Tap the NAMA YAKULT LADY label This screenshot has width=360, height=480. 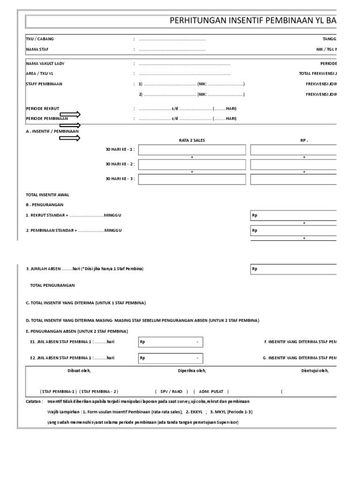coord(45,63)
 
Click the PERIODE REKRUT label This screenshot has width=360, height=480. coord(43,108)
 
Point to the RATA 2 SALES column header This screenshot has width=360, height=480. coord(192,140)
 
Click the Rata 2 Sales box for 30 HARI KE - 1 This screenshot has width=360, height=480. coord(192,150)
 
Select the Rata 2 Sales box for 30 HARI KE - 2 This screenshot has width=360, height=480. coord(192,165)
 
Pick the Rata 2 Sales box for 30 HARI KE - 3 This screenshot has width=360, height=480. coord(192,180)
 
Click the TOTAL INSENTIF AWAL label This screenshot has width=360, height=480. coord(47,195)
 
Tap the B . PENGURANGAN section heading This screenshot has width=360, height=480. coord(45,205)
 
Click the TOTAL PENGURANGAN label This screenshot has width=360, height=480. coord(52,285)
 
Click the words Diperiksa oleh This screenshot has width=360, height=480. coord(192,371)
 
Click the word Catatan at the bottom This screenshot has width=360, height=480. coord(34,402)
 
